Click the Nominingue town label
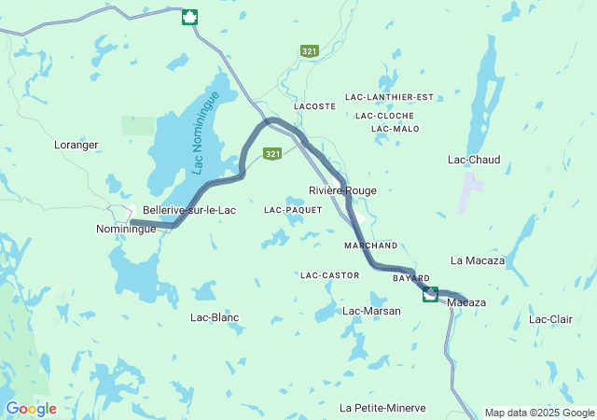(126, 229)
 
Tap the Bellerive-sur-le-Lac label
(188, 211)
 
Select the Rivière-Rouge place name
(343, 190)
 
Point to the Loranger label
(76, 146)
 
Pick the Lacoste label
(314, 106)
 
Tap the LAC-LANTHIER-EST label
(390, 97)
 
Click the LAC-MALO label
(395, 129)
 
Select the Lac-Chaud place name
(474, 161)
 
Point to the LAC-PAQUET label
(293, 211)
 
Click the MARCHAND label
(370, 245)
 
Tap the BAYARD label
(410, 278)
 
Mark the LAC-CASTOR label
(330, 276)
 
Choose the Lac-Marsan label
(371, 311)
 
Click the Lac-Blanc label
(215, 317)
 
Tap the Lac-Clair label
(550, 319)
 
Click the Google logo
(31, 409)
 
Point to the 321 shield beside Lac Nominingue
(272, 154)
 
